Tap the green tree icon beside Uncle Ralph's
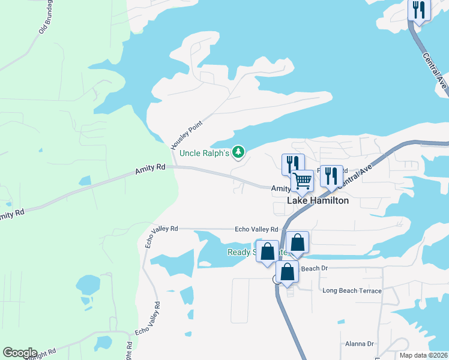(x=239, y=153)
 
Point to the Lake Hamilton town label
(x=318, y=201)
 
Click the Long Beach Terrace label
(x=352, y=291)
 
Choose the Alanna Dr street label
(x=359, y=344)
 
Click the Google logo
(x=20, y=353)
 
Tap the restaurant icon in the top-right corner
(x=419, y=10)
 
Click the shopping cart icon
(x=302, y=180)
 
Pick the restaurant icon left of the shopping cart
(x=292, y=163)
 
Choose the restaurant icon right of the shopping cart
(x=331, y=175)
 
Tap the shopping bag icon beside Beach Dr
(x=288, y=271)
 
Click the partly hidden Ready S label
(x=241, y=252)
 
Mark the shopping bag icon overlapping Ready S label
(x=267, y=251)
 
